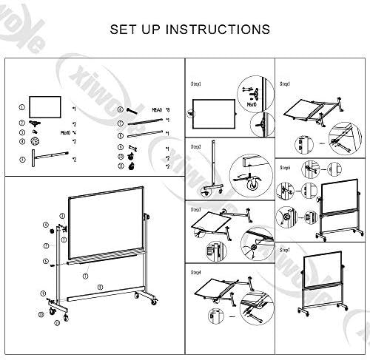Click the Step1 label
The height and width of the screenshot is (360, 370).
coord(196,84)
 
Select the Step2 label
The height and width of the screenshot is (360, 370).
coord(196,147)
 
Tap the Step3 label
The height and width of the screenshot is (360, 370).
coord(196,210)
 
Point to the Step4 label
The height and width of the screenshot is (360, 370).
coord(196,273)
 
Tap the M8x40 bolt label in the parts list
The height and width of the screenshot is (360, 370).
coord(157,108)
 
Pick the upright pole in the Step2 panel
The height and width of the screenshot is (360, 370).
coord(214,166)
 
